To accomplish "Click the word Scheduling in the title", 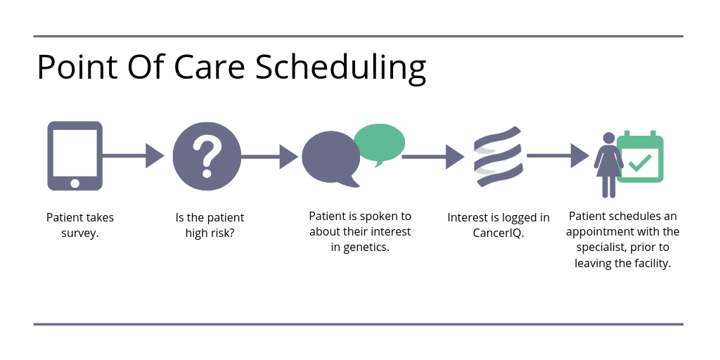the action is [340, 68].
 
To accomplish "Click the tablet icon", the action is [75, 155].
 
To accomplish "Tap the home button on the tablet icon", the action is [75, 184].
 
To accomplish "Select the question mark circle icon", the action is [207, 156].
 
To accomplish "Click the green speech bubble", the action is [379, 143].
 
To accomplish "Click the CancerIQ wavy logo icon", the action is [499, 156].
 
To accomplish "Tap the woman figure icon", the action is [608, 165].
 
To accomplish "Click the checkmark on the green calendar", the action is [640, 163].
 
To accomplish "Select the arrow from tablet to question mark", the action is [133, 156].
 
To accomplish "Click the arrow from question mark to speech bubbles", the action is [269, 157].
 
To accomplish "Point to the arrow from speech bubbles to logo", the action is [433, 157].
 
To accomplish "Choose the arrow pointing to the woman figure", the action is [558, 155].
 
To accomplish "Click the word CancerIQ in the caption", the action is [497, 233].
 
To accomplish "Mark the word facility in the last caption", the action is [653, 264].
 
